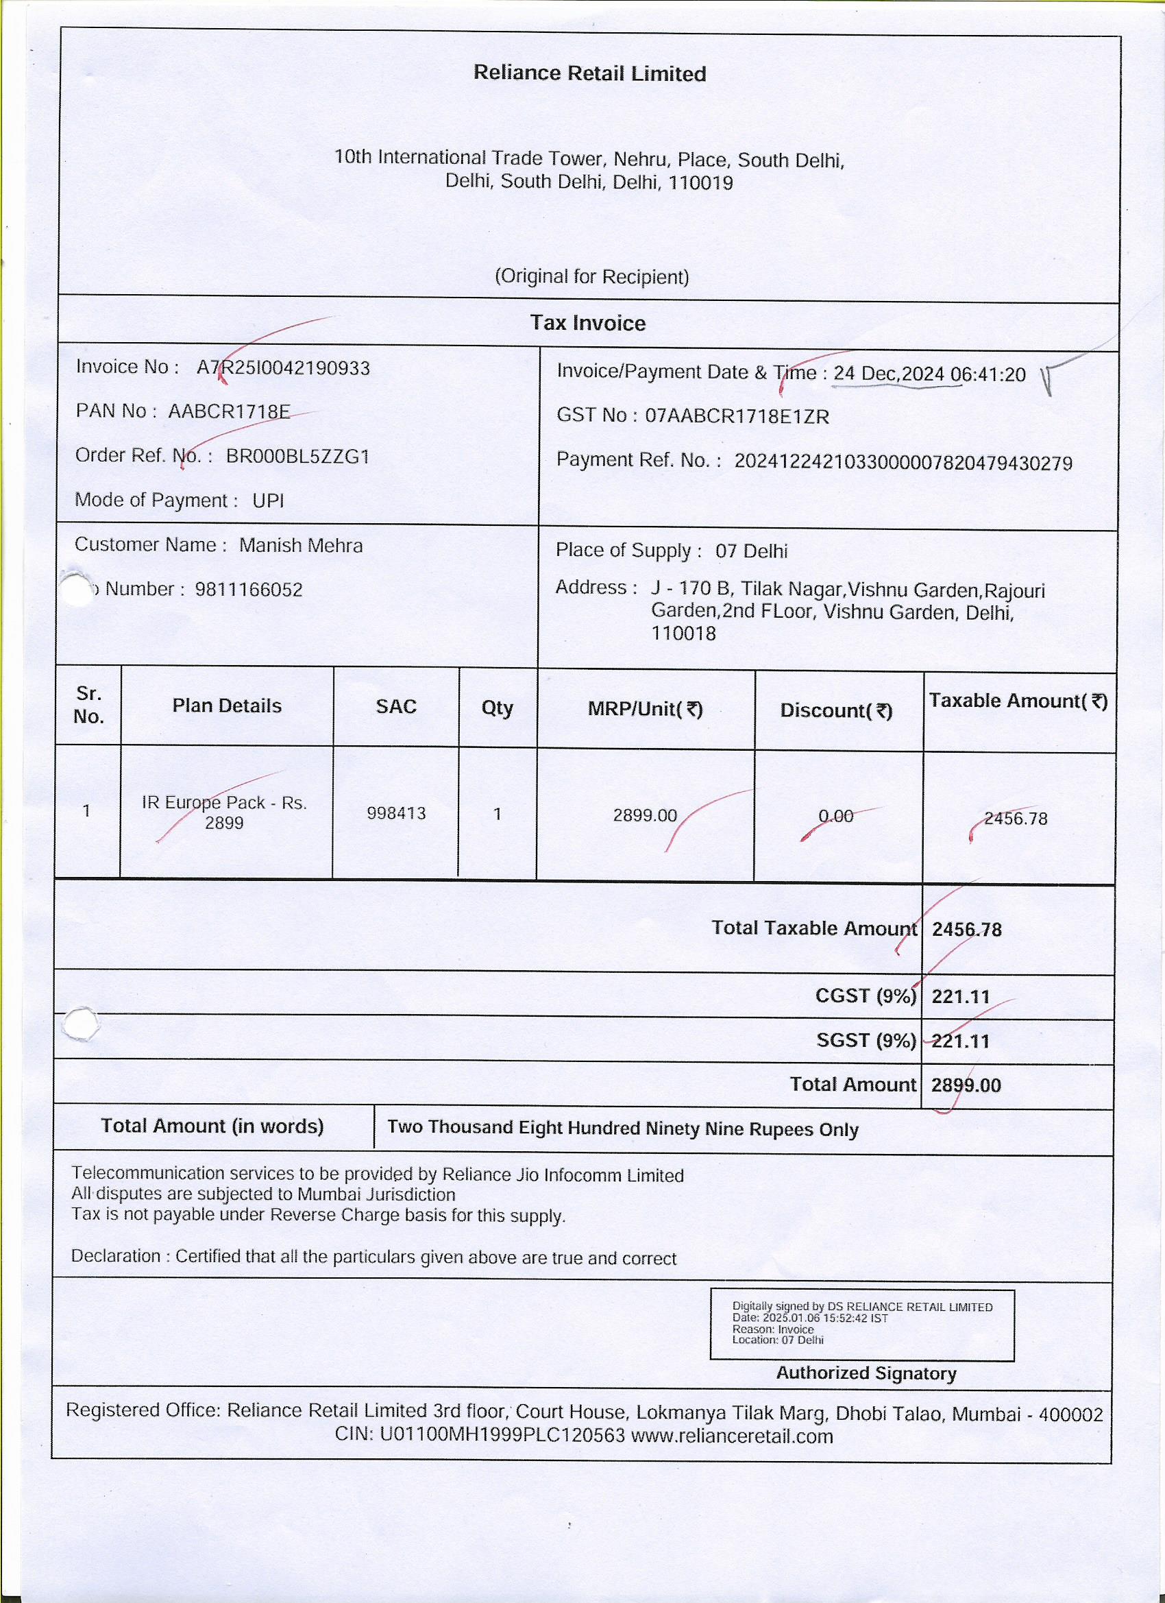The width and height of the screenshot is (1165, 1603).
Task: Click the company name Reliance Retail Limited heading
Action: pos(589,73)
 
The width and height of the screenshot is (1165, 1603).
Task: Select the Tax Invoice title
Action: pos(588,323)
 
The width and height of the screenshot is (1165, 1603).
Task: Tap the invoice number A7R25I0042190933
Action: pos(282,368)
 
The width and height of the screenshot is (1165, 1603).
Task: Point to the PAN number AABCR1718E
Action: pos(229,411)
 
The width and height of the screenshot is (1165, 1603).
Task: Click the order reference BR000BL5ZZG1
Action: pos(297,457)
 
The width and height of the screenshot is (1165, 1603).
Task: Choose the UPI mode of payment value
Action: pos(268,501)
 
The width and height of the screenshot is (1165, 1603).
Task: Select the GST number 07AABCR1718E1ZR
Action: pos(737,416)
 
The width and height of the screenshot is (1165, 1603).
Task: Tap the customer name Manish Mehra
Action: pos(301,546)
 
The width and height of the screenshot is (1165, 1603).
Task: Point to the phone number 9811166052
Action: pos(249,590)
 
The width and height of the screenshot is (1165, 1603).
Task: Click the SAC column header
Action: pos(396,707)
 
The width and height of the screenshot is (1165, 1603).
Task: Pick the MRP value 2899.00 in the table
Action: pos(644,816)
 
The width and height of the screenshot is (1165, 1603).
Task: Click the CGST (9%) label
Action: pos(866,996)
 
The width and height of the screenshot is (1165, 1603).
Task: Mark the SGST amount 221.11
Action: pos(961,1041)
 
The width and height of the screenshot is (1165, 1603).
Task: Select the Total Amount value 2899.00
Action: pos(966,1085)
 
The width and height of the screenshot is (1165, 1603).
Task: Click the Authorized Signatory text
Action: pos(866,1373)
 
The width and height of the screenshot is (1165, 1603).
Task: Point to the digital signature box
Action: pos(862,1324)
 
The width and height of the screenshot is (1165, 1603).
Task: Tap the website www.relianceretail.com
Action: pos(732,1436)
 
